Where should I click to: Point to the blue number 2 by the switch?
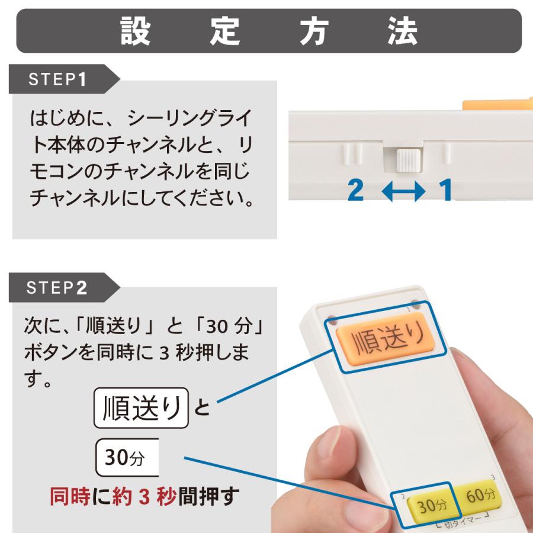tap(355, 190)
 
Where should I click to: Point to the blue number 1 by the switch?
tap(445, 190)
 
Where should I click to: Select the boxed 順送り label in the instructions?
tap(141, 407)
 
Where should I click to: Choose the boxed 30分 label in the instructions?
tap(127, 457)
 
